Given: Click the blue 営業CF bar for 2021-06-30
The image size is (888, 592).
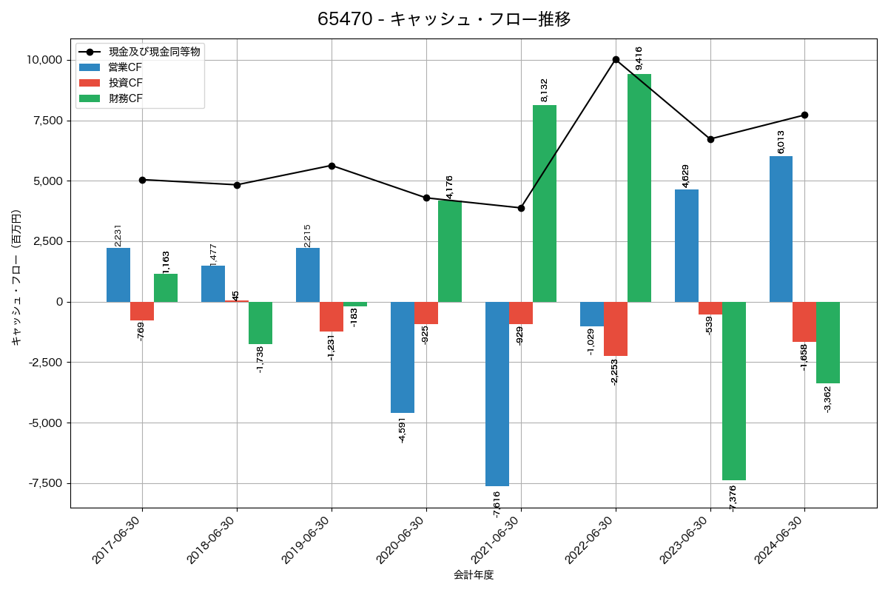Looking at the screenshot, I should [497, 394].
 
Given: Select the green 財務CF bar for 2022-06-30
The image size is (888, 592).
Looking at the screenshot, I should [639, 188].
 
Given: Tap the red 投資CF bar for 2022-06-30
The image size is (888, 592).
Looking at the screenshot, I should [616, 329].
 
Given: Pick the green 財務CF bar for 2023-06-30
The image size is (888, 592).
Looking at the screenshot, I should [734, 391].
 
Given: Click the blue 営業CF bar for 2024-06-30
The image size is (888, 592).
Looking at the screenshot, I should [781, 229].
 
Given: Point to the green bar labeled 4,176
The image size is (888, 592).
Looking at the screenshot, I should [450, 251].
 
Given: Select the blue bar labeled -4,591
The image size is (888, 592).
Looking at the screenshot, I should [403, 357].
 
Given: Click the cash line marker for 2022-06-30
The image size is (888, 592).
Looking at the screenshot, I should [616, 59].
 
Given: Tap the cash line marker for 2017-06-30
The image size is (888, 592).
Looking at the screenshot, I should [142, 180].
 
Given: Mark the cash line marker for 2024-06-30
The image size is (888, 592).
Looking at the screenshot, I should [804, 115].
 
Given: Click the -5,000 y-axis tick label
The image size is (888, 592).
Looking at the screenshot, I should [45, 423].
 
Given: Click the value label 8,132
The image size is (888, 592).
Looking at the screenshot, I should [545, 90].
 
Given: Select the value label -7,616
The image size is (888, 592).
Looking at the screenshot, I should [497, 504].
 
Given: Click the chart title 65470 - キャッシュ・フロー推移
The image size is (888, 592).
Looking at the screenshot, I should [444, 19].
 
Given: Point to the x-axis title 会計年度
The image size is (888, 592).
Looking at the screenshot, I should [474, 575].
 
